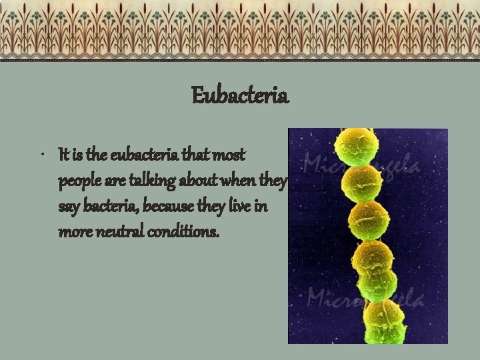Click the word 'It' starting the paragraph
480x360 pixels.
coord(63,155)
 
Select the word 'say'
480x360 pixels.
coord(68,208)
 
